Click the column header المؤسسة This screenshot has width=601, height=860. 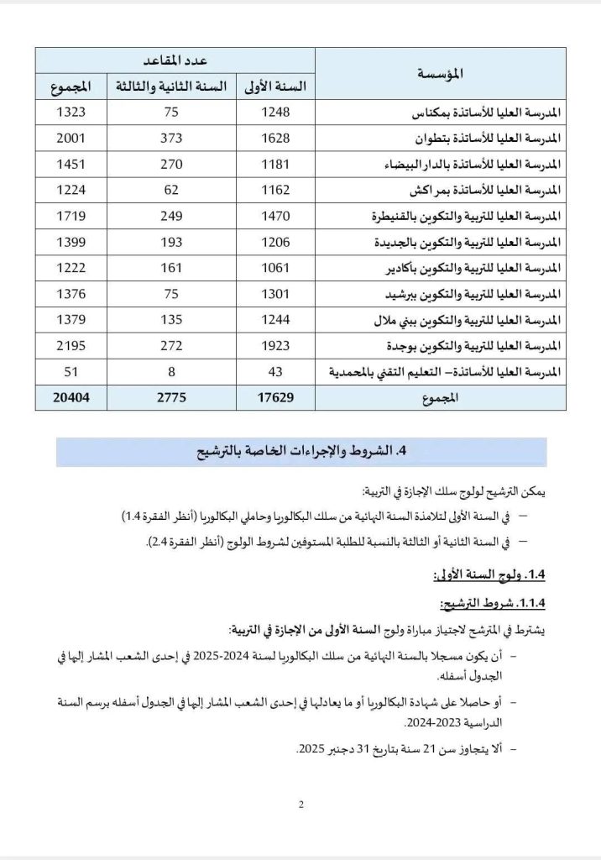point(440,74)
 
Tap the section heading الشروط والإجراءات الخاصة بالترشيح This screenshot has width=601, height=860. point(300,452)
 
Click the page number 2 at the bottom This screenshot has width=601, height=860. point(300,805)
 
